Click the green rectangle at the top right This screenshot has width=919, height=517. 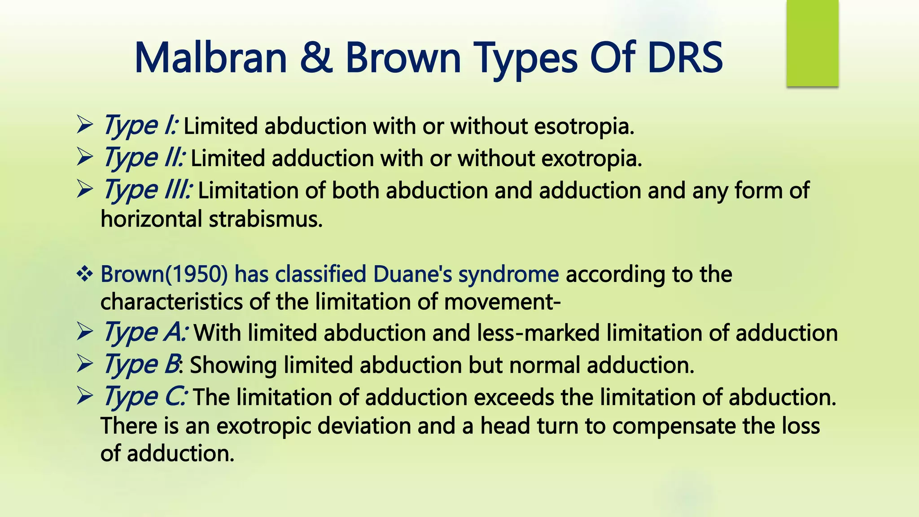[x=812, y=43]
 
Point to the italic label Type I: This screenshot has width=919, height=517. [x=140, y=125]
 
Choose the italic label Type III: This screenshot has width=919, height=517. [x=148, y=190]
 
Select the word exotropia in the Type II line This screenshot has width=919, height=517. [x=591, y=158]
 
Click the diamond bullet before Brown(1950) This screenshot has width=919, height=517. [x=84, y=274]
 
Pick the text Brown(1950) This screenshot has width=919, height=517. [x=164, y=274]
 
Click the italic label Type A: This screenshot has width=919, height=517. [x=145, y=333]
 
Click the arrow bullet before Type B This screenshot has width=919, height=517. [x=84, y=364]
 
